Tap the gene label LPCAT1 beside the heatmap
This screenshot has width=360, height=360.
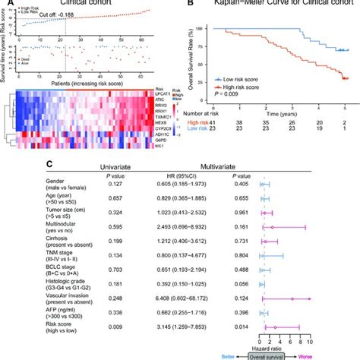pyautogui.click(x=168, y=99)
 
